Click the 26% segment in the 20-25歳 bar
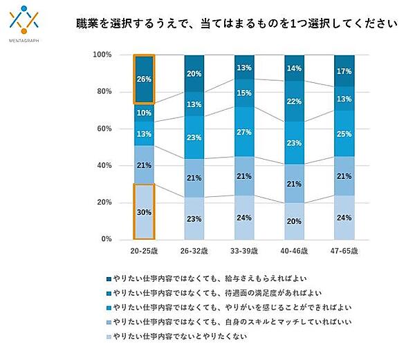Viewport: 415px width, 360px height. (145, 79)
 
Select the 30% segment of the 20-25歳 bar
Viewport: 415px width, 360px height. (145, 211)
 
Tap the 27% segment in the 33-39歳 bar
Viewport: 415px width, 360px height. (244, 132)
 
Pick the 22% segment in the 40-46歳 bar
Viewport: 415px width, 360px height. (294, 102)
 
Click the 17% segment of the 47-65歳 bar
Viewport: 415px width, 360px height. (344, 70)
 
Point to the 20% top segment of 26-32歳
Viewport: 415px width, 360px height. (194, 73)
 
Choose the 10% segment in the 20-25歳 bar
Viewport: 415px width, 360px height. (145, 113)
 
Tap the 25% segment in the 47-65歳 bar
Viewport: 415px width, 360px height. (344, 133)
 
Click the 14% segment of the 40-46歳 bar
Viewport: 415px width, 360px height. (294, 68)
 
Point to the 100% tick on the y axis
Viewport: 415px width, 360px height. (102, 55)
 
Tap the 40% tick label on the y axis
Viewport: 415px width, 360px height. (103, 166)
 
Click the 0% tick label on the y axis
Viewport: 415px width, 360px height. (106, 240)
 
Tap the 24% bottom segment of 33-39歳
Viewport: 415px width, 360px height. (244, 217)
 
